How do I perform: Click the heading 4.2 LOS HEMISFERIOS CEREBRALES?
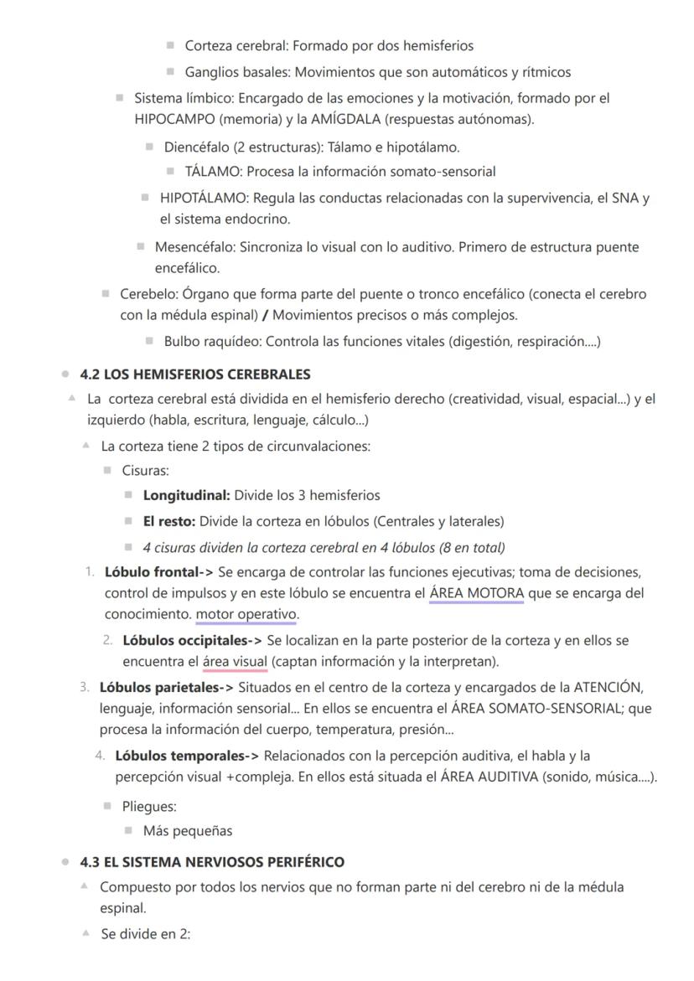194,374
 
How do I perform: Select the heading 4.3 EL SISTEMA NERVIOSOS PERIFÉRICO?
211,861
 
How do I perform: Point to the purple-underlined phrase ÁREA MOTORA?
476,594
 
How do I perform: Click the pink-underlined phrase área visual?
235,662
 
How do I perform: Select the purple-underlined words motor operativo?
246,615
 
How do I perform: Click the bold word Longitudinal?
186,495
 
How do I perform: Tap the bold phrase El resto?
169,521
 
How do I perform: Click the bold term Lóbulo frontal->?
159,572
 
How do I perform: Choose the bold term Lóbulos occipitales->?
193,640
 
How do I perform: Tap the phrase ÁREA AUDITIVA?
489,777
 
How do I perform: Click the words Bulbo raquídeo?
212,341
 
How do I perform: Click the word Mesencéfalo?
195,247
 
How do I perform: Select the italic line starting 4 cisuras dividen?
324,548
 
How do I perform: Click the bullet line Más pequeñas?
188,831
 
